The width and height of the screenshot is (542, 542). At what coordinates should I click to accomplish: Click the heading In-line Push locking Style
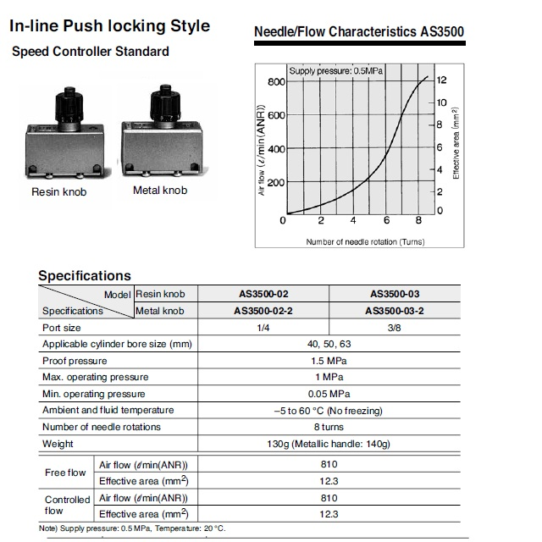109,26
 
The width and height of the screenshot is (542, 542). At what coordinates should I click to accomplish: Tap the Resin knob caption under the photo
59,192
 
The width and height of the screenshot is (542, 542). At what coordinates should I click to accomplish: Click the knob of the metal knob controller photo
161,102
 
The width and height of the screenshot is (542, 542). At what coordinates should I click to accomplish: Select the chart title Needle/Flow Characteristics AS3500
359,33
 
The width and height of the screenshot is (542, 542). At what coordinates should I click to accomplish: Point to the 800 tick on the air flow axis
277,82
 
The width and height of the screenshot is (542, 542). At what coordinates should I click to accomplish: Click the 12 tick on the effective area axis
440,80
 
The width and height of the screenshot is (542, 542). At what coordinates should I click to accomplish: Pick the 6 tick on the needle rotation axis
386,222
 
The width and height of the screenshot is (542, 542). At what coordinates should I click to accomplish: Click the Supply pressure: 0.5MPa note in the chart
336,71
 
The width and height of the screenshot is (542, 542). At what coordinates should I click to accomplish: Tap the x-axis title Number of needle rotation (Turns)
365,241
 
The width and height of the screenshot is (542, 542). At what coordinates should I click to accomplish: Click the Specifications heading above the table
85,275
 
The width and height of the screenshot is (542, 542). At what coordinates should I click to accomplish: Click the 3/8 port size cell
395,328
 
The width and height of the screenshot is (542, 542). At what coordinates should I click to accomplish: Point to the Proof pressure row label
75,361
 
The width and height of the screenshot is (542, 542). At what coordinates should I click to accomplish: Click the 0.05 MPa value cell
329,394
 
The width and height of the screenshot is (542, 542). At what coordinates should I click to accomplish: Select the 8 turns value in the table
329,427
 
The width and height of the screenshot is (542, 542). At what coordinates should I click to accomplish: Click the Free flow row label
65,473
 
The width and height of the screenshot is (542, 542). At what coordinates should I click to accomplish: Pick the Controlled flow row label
67,506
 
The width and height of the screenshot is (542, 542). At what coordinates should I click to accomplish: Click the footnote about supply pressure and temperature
132,529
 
